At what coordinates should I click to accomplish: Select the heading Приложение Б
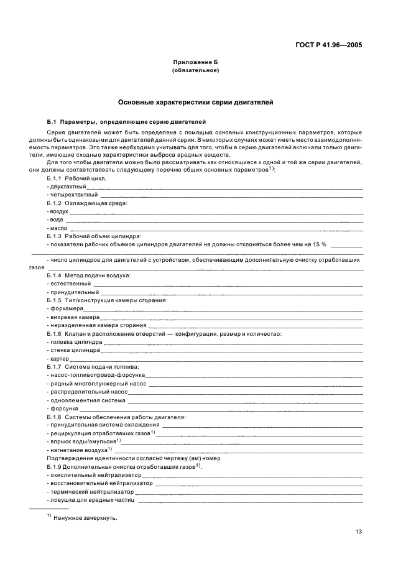click(195, 63)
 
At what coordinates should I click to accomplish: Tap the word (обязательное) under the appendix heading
click(195, 70)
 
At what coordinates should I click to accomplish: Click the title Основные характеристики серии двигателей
click(195, 101)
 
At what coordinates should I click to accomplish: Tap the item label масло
click(58, 228)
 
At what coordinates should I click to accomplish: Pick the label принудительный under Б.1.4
click(74, 292)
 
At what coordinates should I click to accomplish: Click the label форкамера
click(67, 308)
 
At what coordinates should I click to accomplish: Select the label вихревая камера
click(71, 316)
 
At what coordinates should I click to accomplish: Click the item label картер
click(59, 359)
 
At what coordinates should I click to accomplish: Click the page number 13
click(359, 531)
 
